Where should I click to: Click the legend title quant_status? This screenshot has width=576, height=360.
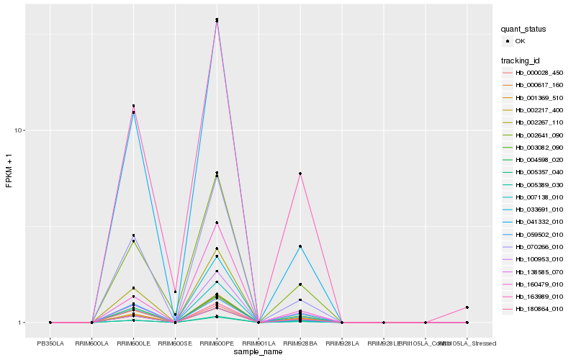523,30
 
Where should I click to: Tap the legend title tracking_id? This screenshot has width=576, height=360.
521,60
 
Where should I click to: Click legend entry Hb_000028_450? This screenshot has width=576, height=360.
539,73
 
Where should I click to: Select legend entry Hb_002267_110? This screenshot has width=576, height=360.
539,122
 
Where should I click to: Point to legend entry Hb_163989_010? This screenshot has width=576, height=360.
539,297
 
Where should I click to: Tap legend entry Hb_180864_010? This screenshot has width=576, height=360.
539,309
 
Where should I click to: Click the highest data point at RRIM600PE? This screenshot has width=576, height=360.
217,19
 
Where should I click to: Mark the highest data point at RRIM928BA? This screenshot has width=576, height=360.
300,174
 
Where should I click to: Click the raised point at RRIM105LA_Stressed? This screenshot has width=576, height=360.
467,307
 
